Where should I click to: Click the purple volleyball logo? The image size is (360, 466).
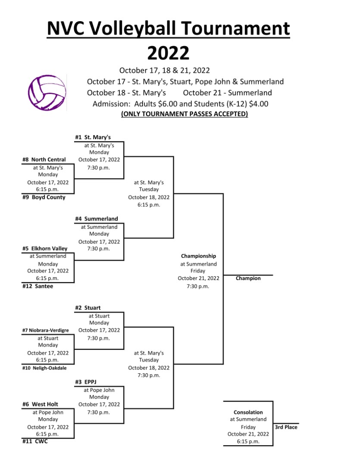point(47,93)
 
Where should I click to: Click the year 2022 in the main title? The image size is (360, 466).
point(168,53)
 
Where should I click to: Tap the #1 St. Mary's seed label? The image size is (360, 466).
point(93,137)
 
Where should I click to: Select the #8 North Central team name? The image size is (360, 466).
point(44,160)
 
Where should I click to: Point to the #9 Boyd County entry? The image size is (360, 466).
point(44,197)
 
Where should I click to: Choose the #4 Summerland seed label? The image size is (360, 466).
point(97,219)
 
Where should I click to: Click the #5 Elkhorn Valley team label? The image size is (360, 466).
point(45,249)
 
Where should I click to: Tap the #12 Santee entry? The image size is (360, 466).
point(38,286)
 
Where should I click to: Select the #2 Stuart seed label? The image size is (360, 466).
point(88,308)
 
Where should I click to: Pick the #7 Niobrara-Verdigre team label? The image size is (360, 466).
point(45,330)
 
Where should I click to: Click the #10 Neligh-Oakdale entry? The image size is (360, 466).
point(44,368)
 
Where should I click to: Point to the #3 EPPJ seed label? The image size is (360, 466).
point(86,382)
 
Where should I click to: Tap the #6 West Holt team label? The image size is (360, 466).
point(41,404)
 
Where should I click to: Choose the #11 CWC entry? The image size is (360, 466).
point(35,441)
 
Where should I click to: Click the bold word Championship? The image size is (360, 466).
point(198,256)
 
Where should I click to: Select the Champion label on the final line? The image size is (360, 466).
point(248,278)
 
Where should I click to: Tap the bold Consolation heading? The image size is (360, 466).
point(248,412)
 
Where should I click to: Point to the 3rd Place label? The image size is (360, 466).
point(286,427)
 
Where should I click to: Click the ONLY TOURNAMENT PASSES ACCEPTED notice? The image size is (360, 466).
point(185,114)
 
